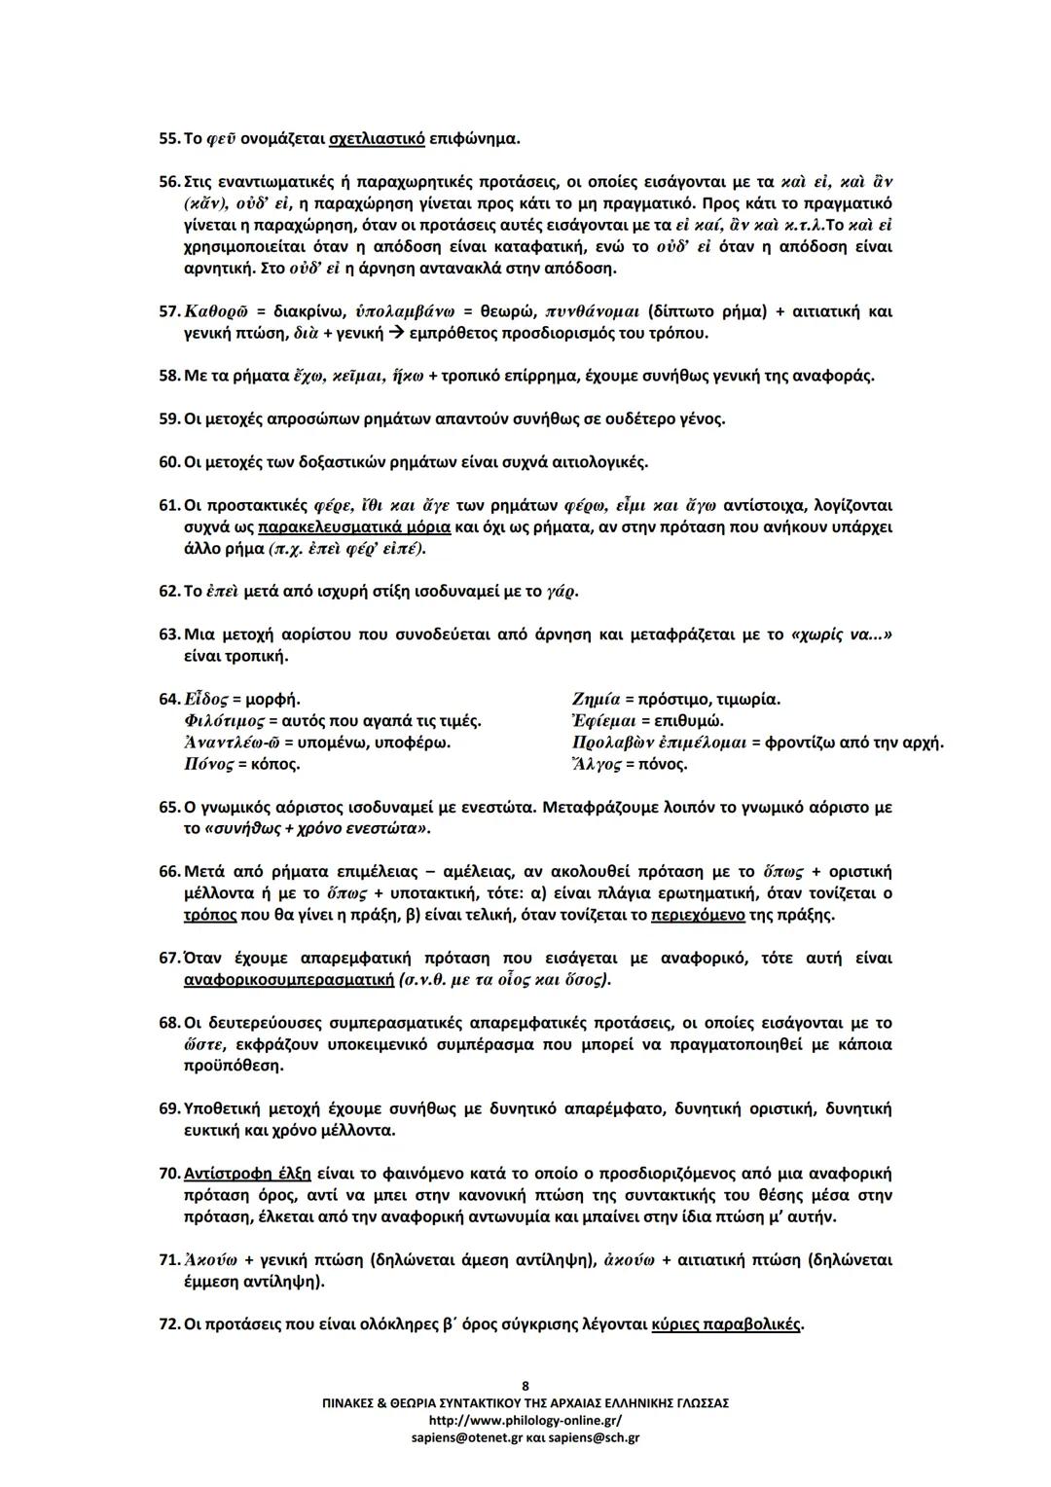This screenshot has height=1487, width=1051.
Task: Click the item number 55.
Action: (x=168, y=138)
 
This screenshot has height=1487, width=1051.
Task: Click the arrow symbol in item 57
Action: (x=391, y=334)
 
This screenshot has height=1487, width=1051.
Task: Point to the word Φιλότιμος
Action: (x=220, y=721)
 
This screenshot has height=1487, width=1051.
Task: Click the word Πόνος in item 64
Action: (x=208, y=764)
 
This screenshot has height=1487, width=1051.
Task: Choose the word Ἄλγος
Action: (x=597, y=764)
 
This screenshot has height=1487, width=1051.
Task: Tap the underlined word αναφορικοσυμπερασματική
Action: (x=288, y=979)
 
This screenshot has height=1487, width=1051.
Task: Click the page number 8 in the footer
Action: (x=525, y=1386)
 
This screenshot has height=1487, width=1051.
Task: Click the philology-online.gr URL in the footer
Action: (x=525, y=1420)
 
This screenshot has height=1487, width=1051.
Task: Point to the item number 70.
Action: (x=168, y=1174)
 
